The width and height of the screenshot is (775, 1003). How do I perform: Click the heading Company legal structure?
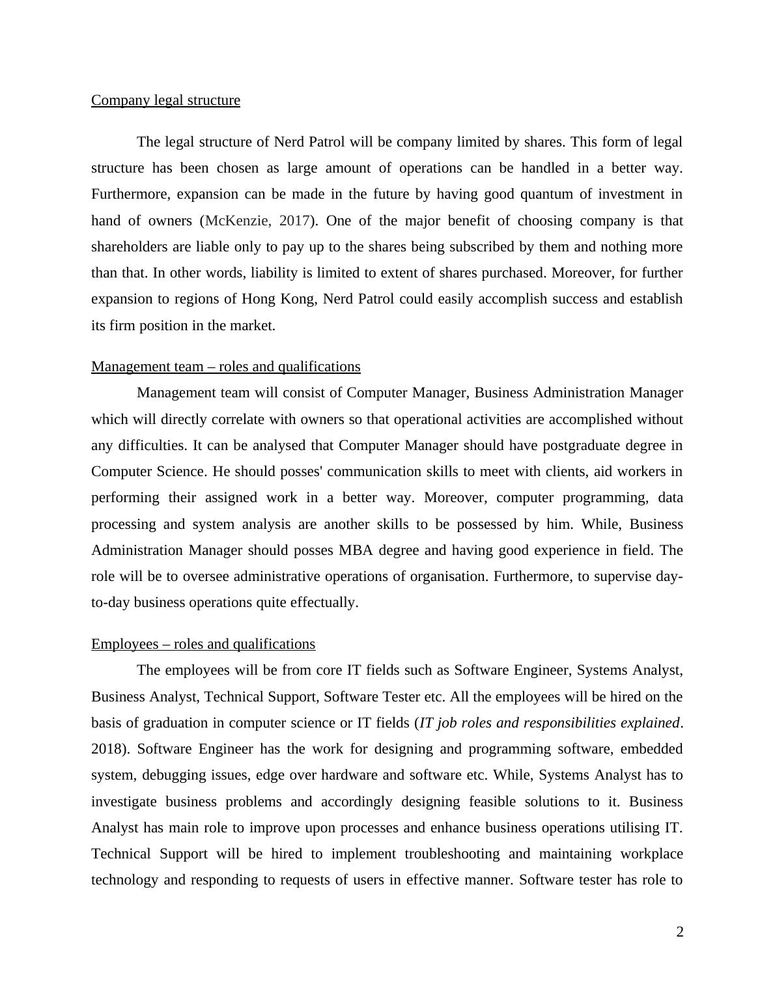165,100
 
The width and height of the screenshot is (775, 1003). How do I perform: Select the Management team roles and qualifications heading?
225,367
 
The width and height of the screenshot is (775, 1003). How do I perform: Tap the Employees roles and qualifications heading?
203,644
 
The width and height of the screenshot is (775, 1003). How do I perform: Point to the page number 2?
680,933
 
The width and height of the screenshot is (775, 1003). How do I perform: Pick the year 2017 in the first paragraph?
294,221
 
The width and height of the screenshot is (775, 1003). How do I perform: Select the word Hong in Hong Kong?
259,299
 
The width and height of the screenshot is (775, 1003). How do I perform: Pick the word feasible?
492,802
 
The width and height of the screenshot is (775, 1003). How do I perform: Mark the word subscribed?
482,247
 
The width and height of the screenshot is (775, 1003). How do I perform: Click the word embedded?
651,749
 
